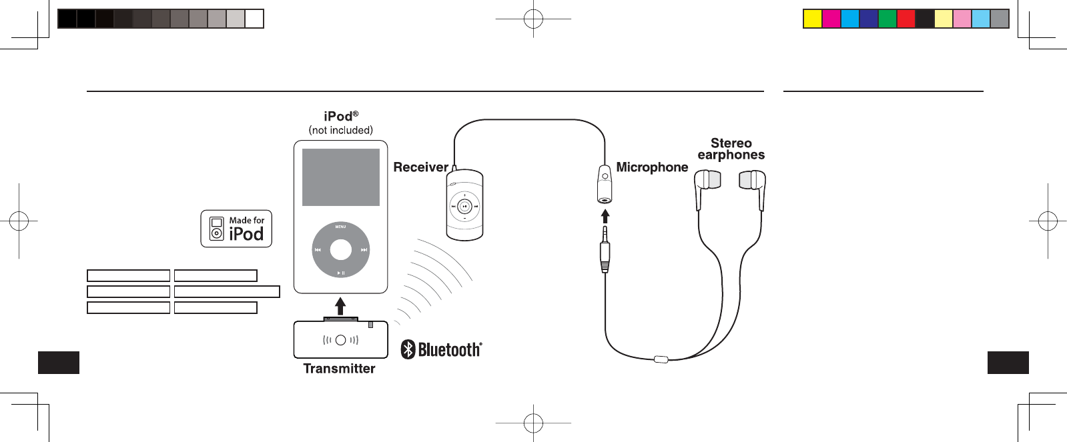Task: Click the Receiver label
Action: point(420,167)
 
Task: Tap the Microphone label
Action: point(652,167)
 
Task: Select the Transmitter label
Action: point(339,369)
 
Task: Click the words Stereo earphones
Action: point(731,149)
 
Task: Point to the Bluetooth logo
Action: point(441,349)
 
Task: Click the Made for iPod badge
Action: point(236,229)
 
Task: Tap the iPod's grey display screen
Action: point(341,177)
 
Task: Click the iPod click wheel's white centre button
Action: point(341,249)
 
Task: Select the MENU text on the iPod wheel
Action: point(340,227)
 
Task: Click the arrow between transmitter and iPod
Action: point(340,306)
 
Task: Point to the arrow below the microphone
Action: point(605,216)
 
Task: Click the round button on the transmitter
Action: point(341,340)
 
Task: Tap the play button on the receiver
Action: point(464,207)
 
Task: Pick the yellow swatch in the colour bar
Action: point(812,19)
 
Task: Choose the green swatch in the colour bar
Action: point(887,19)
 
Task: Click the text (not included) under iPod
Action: point(340,131)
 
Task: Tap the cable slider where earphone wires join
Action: point(661,359)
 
